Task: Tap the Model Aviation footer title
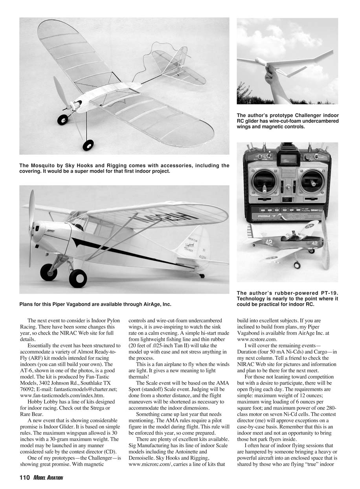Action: point(48,478)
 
